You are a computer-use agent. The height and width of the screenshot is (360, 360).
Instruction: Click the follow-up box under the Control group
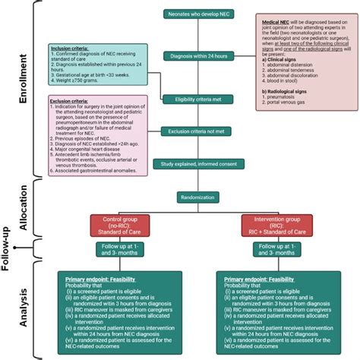click(x=118, y=251)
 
